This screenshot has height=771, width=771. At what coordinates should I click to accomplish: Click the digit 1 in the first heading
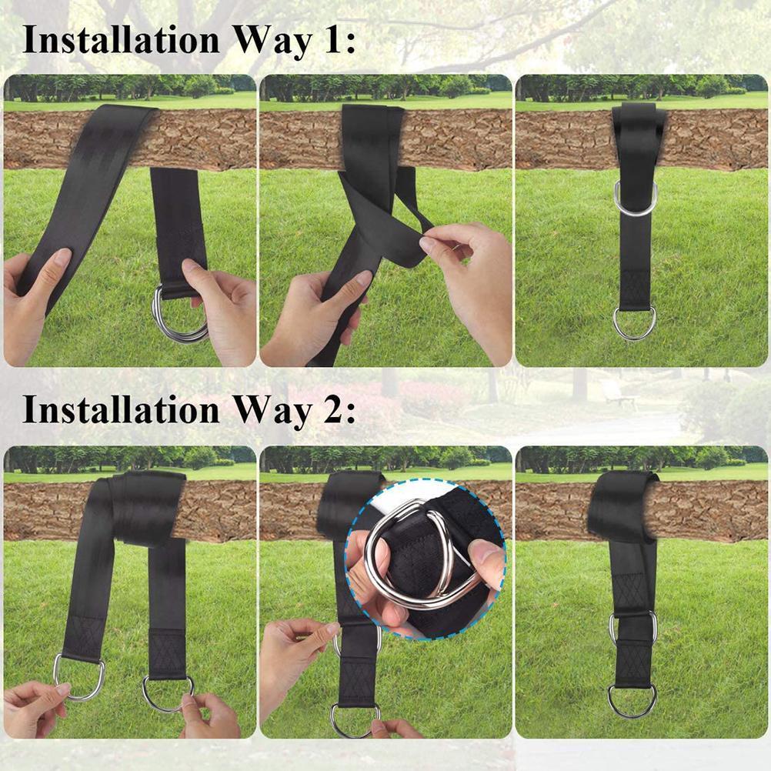[x=329, y=39]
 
